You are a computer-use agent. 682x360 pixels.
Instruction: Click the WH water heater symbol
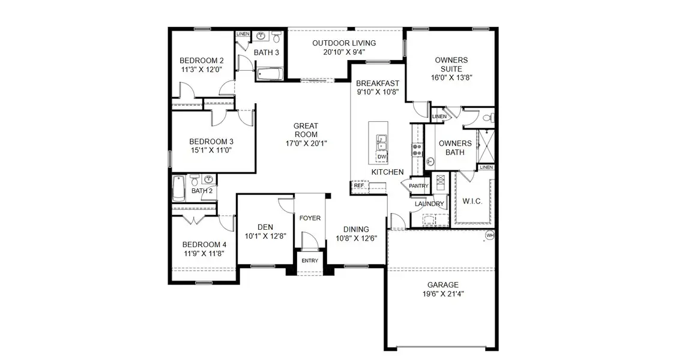490,235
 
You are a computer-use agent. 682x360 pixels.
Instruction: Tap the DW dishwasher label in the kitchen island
382,157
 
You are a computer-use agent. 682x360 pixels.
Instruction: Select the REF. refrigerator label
359,186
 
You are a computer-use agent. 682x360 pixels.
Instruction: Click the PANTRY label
418,186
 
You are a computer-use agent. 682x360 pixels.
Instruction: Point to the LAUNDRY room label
429,204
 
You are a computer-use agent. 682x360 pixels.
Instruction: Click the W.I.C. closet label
472,201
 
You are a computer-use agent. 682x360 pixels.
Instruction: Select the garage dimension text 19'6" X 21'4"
443,294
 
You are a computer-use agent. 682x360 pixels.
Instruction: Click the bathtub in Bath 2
179,189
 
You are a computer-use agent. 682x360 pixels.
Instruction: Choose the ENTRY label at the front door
310,260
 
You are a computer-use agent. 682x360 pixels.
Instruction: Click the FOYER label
310,218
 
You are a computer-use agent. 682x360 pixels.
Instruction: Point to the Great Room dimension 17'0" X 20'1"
306,143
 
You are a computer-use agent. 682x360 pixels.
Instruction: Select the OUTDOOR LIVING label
344,43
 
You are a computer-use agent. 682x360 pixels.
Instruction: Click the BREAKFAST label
378,83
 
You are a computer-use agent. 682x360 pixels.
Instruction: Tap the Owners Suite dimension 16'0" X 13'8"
451,77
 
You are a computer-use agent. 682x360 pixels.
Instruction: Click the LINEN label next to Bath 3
243,34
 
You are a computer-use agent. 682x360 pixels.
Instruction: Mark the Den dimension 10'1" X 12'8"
265,236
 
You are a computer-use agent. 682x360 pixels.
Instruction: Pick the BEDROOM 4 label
204,244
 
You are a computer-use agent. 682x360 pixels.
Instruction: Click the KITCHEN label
387,172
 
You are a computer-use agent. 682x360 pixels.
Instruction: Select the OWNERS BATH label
455,148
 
